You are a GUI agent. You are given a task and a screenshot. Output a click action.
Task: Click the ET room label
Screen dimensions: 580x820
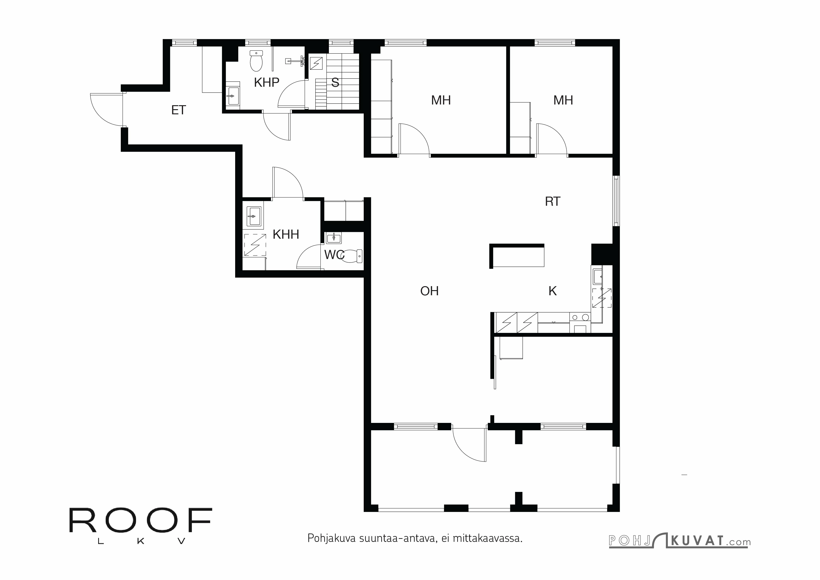(x=179, y=110)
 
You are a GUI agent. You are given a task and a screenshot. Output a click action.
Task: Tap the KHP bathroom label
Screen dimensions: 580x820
(x=266, y=83)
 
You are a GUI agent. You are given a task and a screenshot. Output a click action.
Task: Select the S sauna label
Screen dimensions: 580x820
(x=335, y=83)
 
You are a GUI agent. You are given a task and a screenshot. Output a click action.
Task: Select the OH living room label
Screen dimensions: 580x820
(x=429, y=291)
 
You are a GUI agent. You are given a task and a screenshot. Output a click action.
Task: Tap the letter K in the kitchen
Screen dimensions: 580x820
(x=553, y=291)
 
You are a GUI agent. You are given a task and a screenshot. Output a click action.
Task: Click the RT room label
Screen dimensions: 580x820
(x=553, y=202)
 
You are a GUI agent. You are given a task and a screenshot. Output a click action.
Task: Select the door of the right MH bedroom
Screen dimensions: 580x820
(x=551, y=139)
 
